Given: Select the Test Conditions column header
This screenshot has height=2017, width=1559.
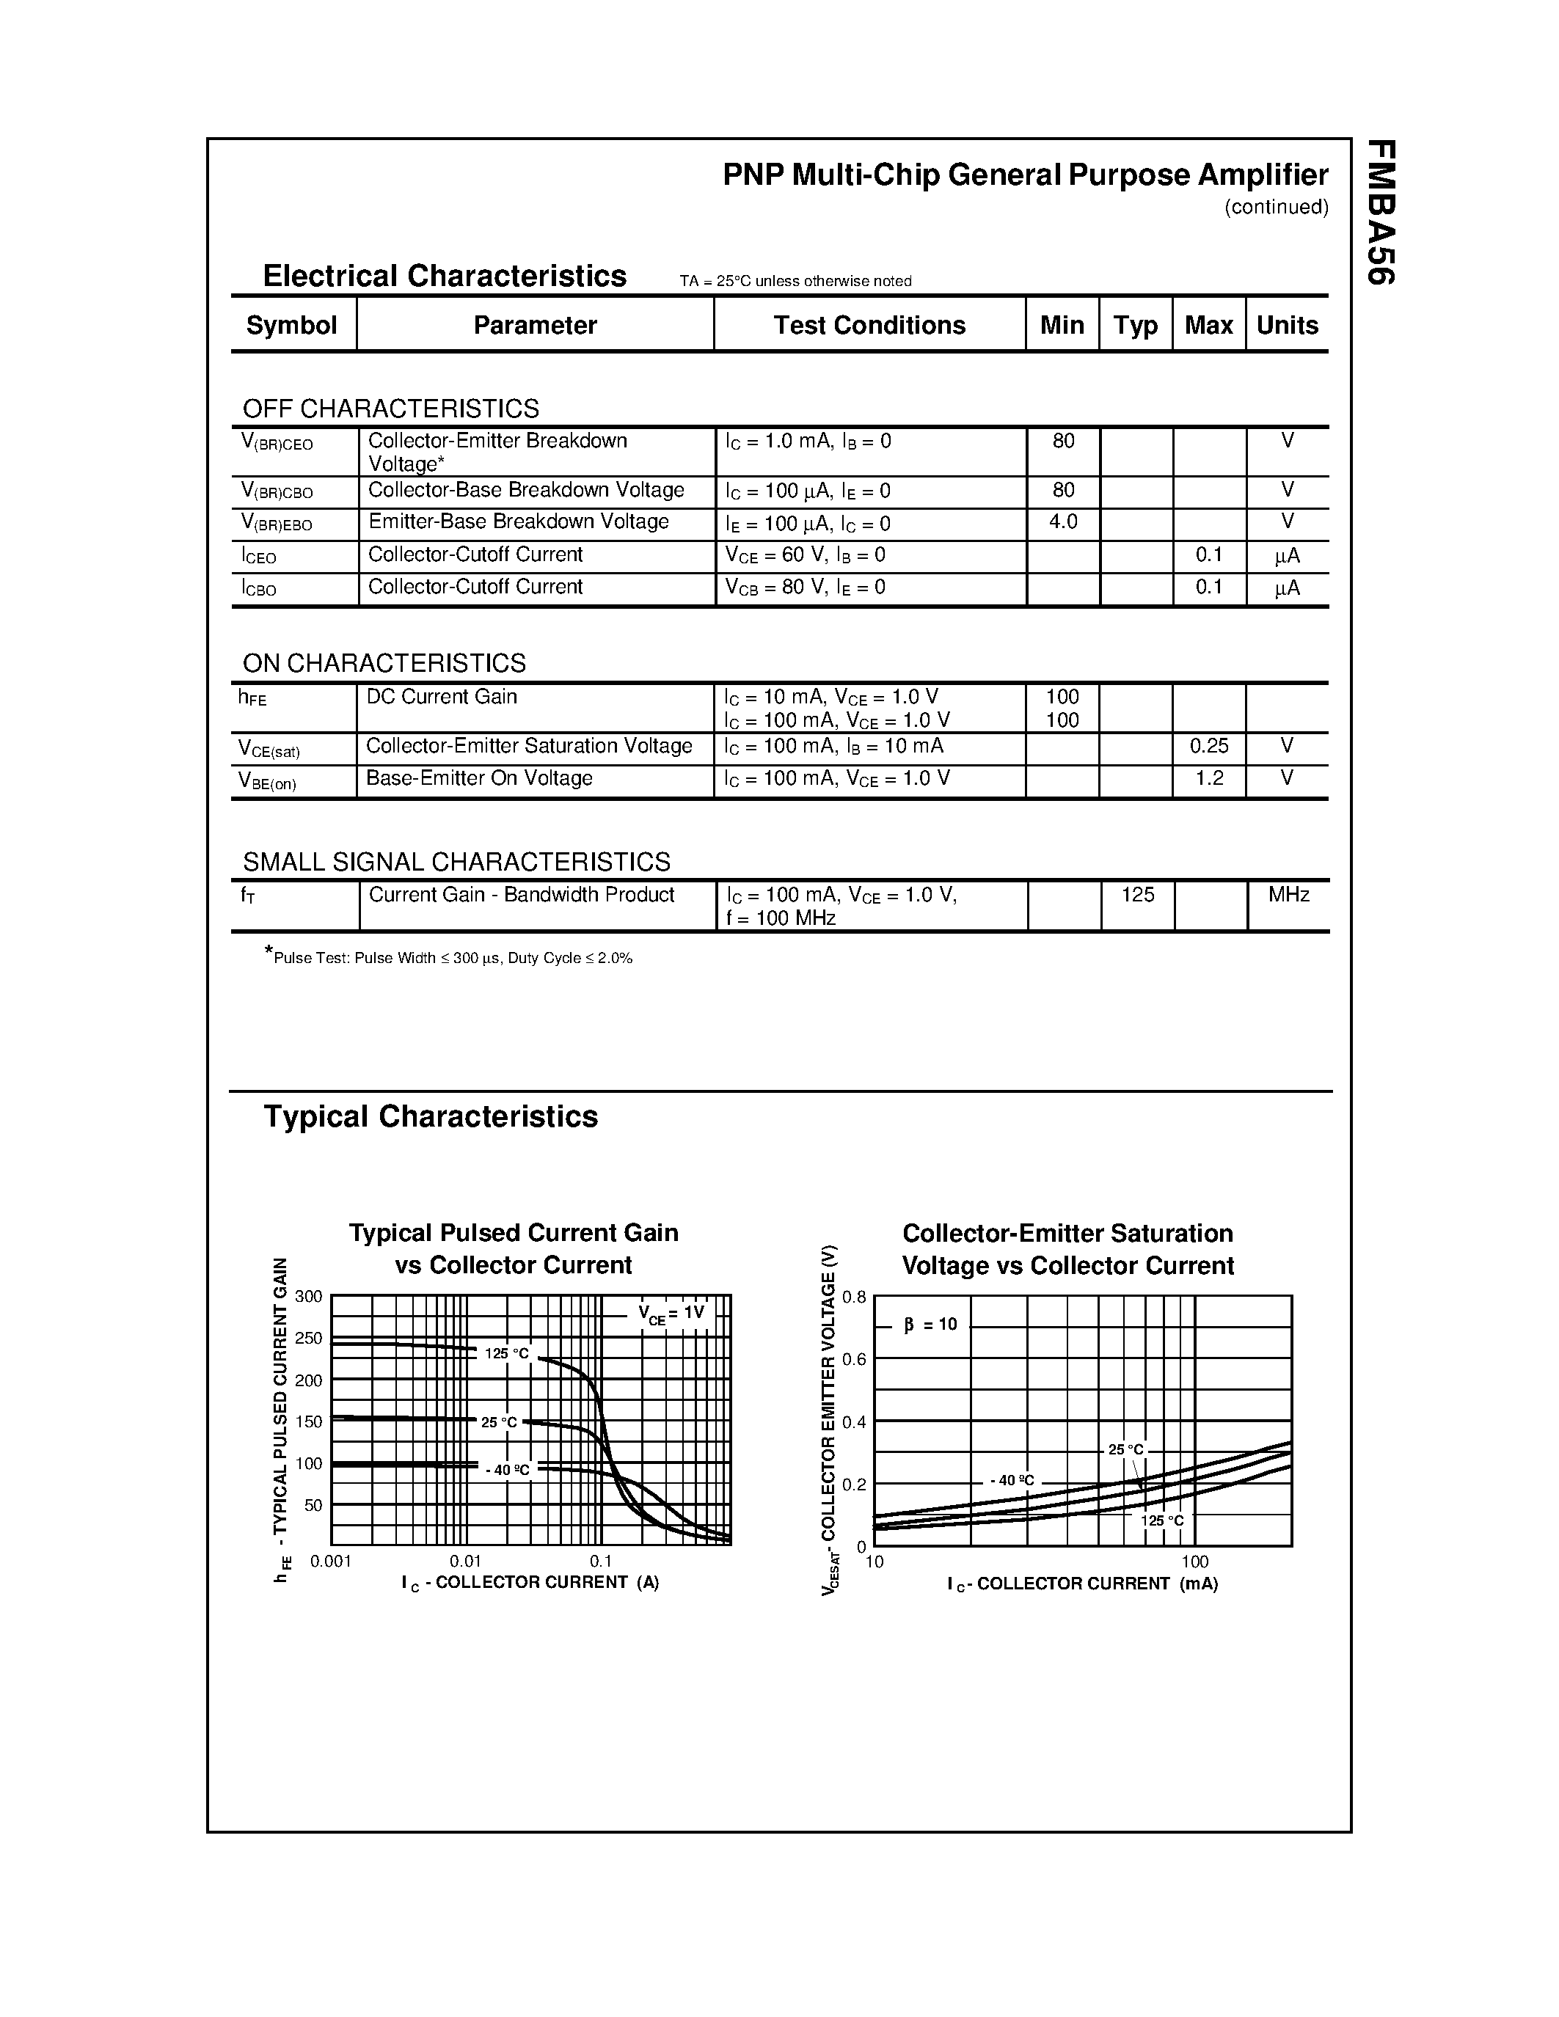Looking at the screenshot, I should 869,325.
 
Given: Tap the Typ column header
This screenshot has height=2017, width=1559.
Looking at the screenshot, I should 1135,325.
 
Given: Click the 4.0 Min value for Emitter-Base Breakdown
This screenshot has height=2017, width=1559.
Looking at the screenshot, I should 1063,521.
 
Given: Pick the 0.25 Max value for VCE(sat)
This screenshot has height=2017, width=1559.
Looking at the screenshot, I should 1209,746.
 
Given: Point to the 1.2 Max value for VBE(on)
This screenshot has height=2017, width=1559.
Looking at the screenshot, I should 1209,778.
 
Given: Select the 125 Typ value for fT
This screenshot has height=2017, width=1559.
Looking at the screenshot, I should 1138,895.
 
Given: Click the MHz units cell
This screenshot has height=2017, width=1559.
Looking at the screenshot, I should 1288,895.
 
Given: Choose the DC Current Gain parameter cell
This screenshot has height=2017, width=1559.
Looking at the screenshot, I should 442,698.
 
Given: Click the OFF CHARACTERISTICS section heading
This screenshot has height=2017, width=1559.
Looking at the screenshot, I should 391,409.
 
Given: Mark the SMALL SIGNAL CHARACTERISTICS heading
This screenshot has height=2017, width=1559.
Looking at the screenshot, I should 456,862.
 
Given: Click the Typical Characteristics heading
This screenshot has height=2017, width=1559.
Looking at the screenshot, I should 431,1116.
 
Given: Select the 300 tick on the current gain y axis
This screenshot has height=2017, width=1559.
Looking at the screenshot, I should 308,1297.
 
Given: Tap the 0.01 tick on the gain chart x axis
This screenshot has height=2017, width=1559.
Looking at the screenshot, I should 465,1561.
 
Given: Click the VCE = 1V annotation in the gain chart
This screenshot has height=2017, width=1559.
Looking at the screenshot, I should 671,1314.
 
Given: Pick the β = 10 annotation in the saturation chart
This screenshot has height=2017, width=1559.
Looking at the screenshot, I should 930,1325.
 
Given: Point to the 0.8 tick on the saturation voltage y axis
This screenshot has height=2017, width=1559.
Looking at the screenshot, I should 854,1297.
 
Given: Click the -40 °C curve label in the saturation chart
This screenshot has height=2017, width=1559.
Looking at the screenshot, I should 1011,1480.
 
